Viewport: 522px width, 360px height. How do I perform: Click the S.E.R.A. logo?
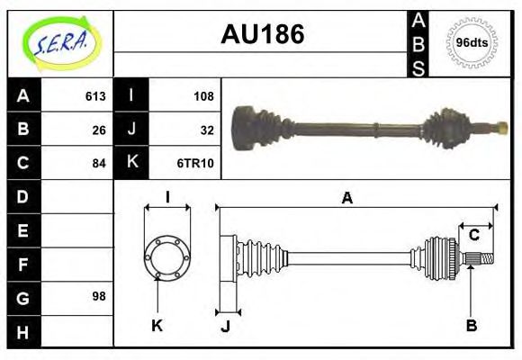point(60,42)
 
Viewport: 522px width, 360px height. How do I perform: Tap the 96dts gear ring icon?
point(472,42)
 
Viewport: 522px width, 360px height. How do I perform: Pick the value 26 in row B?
point(98,129)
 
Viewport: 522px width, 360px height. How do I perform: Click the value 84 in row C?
point(98,163)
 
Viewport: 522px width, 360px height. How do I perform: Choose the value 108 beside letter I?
point(202,95)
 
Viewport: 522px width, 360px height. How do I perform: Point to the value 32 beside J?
point(206,129)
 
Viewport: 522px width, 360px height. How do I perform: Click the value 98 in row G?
point(98,296)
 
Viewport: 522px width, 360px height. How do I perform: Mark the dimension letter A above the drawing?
point(346,198)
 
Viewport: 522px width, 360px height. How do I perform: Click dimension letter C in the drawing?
point(473,236)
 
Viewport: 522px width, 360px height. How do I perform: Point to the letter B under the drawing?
point(472,325)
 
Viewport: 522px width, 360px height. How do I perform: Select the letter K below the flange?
point(157,325)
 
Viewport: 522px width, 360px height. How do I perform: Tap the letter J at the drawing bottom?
point(225,325)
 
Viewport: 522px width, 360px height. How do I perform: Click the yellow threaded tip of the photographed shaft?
point(499,127)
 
